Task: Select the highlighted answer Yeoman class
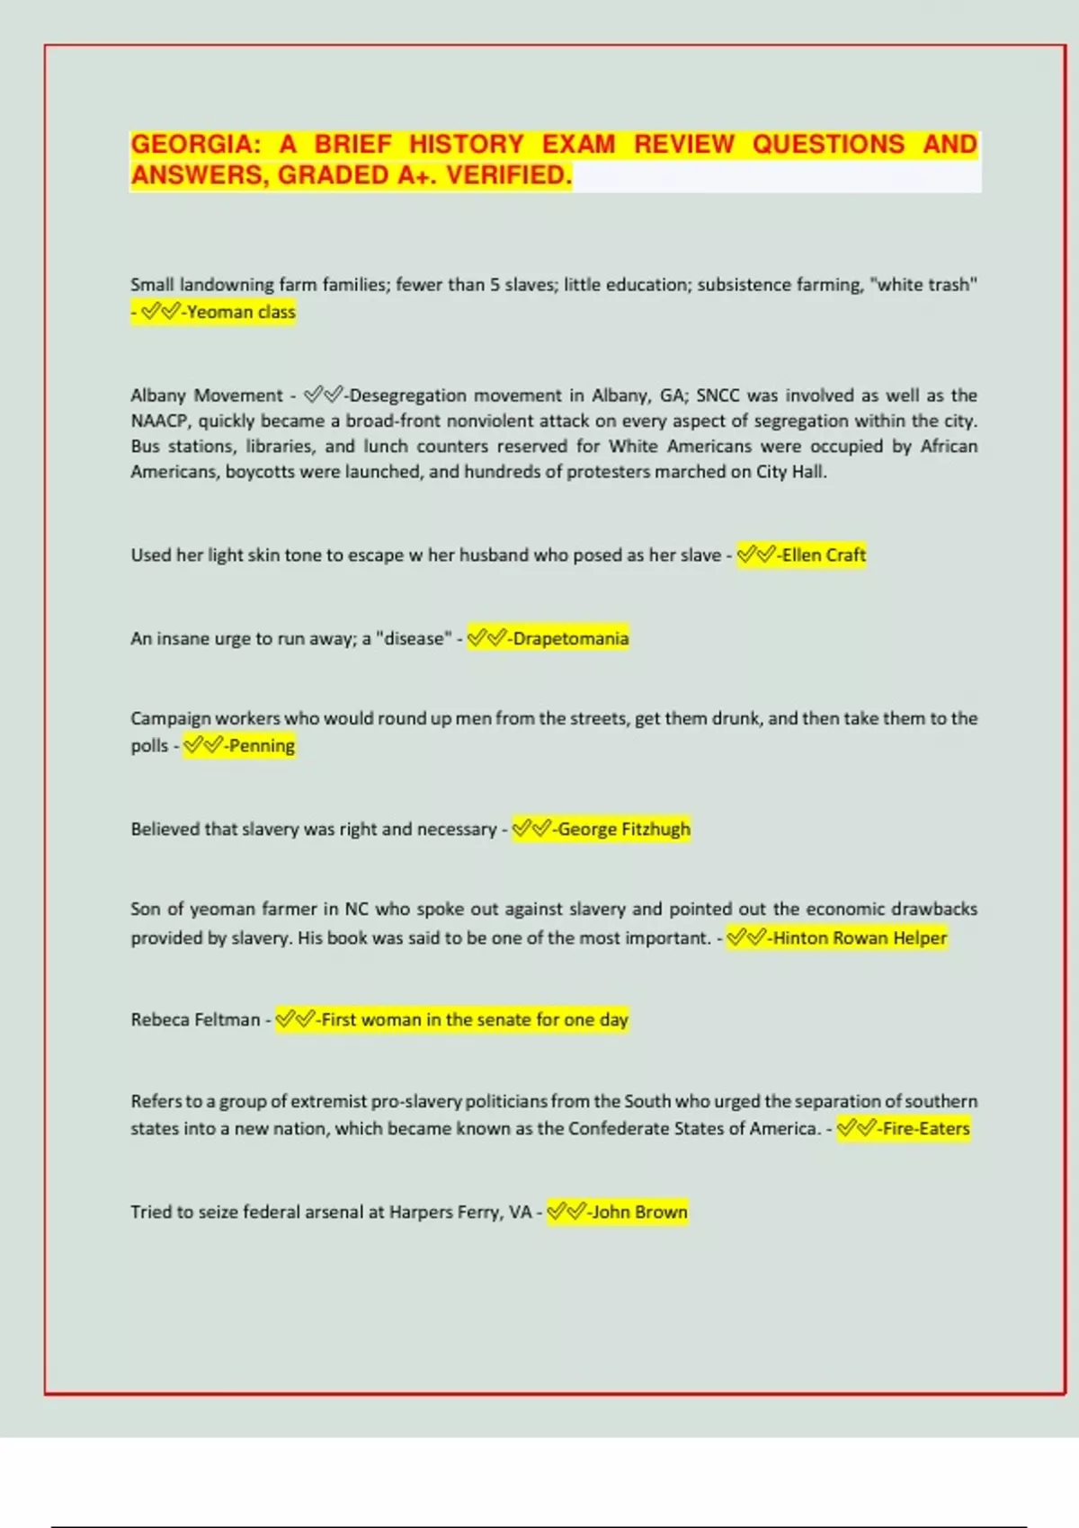(x=240, y=313)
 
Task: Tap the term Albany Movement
(x=207, y=395)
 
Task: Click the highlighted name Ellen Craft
(x=824, y=555)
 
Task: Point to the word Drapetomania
(x=570, y=639)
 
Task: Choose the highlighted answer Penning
(x=261, y=746)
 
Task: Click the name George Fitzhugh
(x=624, y=830)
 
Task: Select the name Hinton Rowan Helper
(x=860, y=938)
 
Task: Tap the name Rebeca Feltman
(x=195, y=1020)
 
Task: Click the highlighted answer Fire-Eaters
(x=926, y=1129)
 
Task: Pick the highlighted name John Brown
(x=639, y=1213)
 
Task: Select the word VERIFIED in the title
(x=509, y=175)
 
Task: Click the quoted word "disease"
(x=414, y=639)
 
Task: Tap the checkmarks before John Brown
(x=566, y=1213)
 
